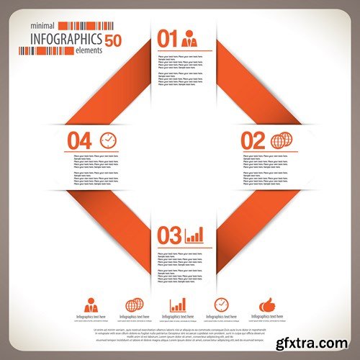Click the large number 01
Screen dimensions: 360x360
tap(168, 38)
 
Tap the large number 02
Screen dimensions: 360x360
tap(253, 139)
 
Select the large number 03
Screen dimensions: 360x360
tap(168, 235)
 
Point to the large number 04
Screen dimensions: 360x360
tap(80, 139)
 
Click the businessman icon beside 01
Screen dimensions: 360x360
tap(189, 38)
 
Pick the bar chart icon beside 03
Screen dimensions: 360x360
tap(194, 235)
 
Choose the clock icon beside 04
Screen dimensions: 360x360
tap(107, 139)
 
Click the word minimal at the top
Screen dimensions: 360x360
tap(40, 26)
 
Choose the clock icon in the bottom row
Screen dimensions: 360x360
tap(221, 305)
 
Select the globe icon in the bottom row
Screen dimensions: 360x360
tap(135, 305)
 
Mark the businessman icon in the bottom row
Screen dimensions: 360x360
tap(91, 304)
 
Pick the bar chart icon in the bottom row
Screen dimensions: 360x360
tap(178, 305)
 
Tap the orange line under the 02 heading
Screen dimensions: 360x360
tap(262, 151)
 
